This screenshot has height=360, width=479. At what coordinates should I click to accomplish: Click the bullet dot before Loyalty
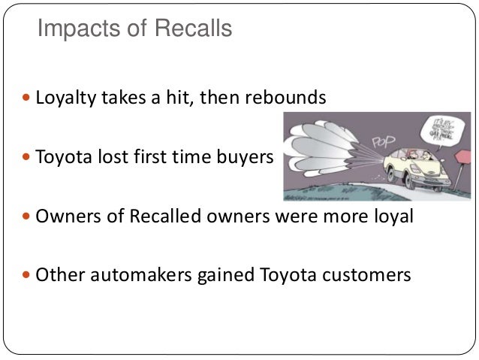[29, 99]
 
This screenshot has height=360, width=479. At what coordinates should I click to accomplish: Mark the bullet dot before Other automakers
[29, 275]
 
